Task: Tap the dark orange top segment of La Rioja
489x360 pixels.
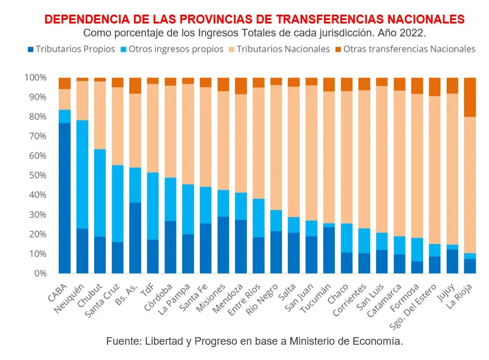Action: point(470,97)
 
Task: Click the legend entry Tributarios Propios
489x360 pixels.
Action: point(75,49)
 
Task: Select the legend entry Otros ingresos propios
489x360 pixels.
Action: point(176,49)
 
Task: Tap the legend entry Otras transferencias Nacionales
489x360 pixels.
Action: point(408,49)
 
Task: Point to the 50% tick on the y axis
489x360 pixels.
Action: point(36,176)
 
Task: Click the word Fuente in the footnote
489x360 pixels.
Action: point(122,341)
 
